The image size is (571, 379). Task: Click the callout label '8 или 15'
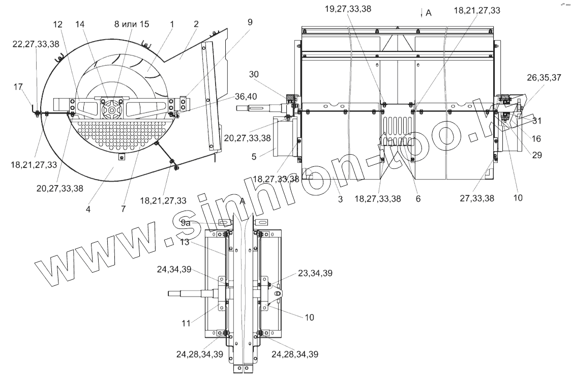pyautogui.click(x=132, y=24)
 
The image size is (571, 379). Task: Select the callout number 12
pyautogui.click(x=58, y=24)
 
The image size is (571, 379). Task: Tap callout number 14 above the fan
pyautogui.click(x=80, y=24)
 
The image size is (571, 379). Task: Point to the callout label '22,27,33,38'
pyautogui.click(x=36, y=44)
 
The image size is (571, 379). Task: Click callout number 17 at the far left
pyautogui.click(x=18, y=86)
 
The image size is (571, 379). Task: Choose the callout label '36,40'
pyautogui.click(x=246, y=96)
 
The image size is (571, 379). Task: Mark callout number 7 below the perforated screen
pyautogui.click(x=124, y=209)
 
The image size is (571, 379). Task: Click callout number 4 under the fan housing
pyautogui.click(x=88, y=210)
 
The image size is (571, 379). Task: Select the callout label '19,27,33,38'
pyautogui.click(x=348, y=9)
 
